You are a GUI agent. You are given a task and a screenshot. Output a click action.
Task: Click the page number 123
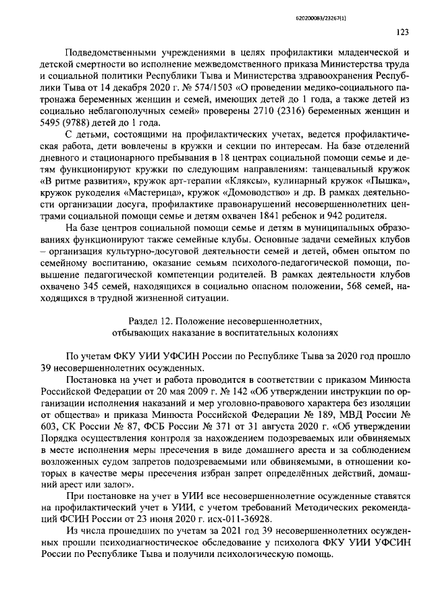[x=403, y=30]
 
